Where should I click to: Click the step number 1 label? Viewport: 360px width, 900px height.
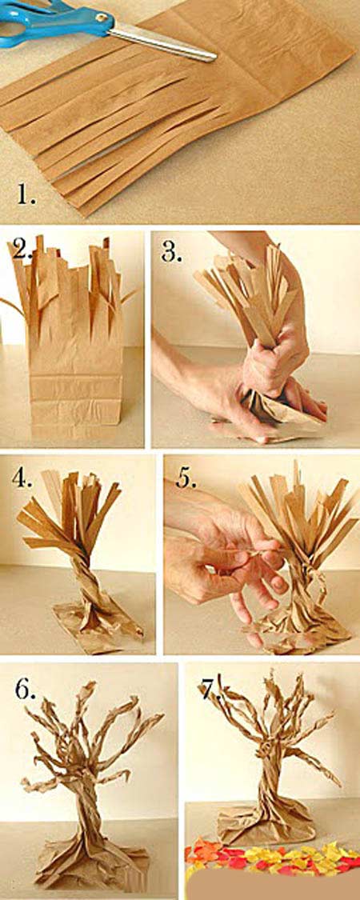(26, 196)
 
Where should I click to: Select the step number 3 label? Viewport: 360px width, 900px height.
(172, 251)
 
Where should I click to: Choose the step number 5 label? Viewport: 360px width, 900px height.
(186, 478)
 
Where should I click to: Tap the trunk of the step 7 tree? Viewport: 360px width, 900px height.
(270, 775)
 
